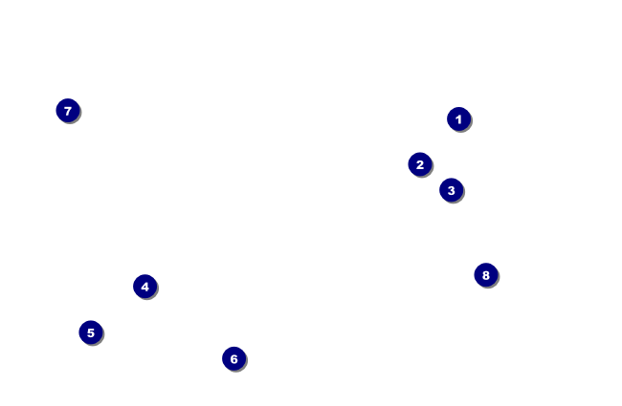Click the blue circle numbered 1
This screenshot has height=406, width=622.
click(458, 119)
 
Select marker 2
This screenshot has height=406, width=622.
click(419, 164)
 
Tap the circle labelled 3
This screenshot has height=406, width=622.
click(451, 190)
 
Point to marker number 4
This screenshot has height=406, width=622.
click(144, 287)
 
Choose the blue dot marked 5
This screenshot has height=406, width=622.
click(90, 332)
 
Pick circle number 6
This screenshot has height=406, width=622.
click(233, 359)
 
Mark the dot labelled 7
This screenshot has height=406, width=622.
click(67, 111)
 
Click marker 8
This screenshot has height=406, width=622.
click(485, 275)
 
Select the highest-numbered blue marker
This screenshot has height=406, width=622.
click(485, 275)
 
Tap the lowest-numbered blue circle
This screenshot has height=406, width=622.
click(458, 119)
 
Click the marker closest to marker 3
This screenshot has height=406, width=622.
click(419, 164)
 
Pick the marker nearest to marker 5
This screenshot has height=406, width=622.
click(144, 287)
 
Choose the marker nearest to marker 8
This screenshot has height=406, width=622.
click(451, 190)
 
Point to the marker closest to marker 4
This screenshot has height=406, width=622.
click(90, 332)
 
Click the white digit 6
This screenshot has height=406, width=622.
click(233, 359)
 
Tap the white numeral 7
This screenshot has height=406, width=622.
click(67, 111)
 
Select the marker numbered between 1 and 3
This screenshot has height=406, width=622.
click(419, 164)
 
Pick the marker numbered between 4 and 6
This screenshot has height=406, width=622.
click(90, 332)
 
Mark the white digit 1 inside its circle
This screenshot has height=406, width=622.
click(458, 119)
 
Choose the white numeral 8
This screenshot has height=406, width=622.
click(485, 275)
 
